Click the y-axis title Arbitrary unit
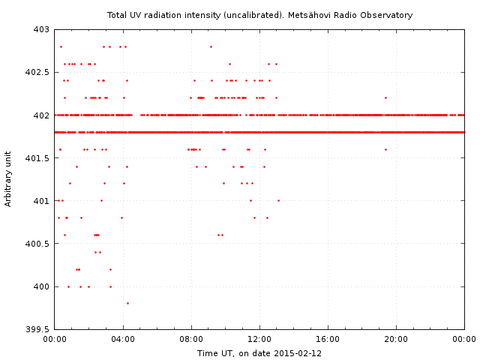8,179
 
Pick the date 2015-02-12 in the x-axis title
299,353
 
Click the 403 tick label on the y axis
40,29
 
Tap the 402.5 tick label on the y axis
37,73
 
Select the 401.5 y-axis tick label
37,158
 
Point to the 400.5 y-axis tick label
37,244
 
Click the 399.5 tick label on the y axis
37,329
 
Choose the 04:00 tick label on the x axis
122,340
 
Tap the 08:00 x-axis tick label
191,340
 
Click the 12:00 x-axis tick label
259,340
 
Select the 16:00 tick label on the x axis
328,340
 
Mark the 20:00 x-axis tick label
396,340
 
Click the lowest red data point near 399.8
127,303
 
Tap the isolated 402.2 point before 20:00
385,97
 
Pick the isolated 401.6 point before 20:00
385,149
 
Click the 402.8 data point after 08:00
211,46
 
